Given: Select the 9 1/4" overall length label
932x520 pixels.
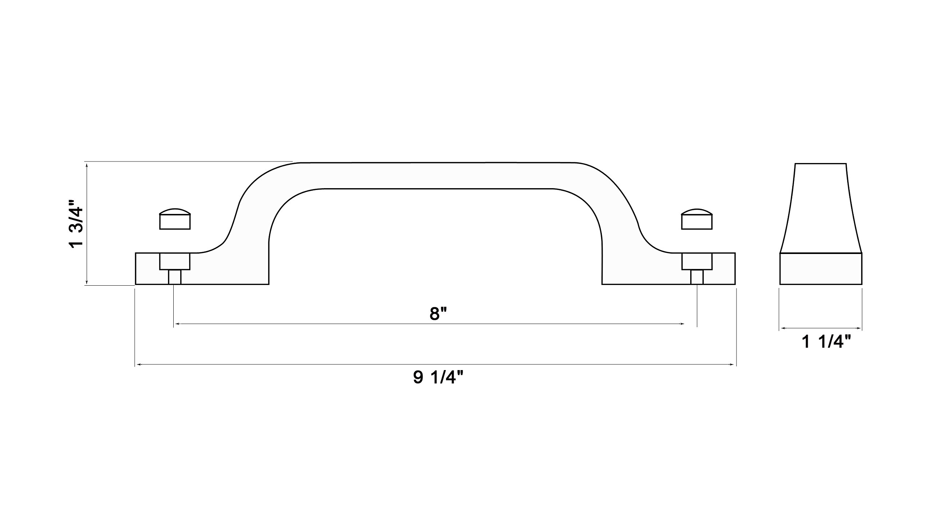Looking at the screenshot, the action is tap(440, 378).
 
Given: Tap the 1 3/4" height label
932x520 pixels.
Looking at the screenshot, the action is tap(77, 223).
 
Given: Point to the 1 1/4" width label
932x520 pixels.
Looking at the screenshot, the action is tap(826, 342).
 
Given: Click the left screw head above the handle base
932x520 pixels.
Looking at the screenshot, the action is tap(175, 219).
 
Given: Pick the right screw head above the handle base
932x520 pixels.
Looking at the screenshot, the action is tap(697, 219).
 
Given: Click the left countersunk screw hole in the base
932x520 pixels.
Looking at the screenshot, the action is tap(175, 261).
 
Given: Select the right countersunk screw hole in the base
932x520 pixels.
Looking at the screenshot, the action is tap(697, 261).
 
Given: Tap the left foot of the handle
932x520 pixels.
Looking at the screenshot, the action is tap(202, 269).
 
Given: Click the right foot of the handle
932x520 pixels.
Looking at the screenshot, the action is tap(668, 269).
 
